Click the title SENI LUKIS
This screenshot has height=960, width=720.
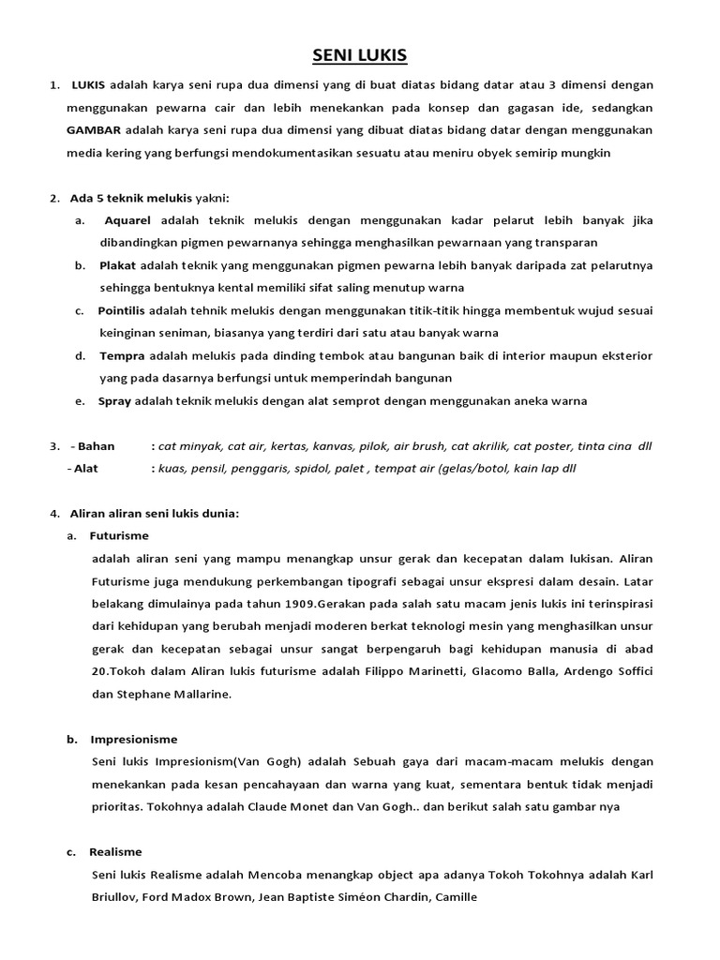click(x=360, y=56)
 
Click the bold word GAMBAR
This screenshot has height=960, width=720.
click(x=93, y=129)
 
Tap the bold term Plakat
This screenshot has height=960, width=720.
click(x=118, y=265)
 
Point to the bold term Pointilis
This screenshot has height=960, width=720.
click(x=126, y=310)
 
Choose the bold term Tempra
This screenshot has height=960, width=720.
click(x=121, y=355)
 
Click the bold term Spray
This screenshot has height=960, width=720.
click(x=115, y=400)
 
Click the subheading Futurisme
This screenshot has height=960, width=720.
click(x=119, y=535)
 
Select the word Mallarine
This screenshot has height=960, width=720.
click(x=197, y=694)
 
